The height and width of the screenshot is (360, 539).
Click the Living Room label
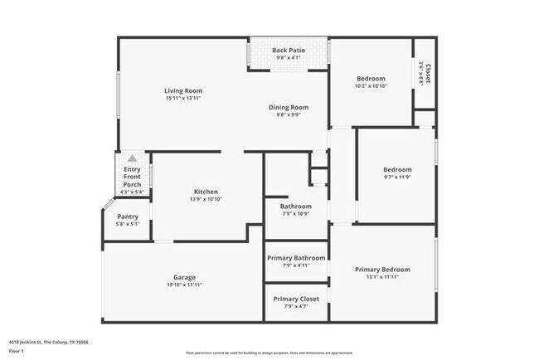[182, 90]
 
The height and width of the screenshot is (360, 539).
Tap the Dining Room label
[288, 107]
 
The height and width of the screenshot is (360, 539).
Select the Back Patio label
[289, 51]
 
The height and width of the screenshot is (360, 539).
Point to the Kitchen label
[206, 192]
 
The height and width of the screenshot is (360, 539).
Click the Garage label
[184, 277]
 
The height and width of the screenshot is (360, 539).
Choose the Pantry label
[128, 216]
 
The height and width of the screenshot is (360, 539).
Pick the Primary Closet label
[296, 299]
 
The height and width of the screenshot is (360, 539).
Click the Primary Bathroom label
[296, 258]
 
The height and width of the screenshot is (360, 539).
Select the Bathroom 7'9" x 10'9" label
[295, 206]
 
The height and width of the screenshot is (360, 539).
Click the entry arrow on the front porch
[131, 158]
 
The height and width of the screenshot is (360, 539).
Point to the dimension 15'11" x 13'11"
[182, 98]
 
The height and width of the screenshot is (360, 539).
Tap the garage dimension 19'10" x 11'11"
[184, 285]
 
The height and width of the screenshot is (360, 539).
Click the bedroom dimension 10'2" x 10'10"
[370, 86]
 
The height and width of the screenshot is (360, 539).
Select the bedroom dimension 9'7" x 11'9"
[397, 176]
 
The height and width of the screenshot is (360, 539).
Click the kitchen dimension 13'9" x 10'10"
[206, 199]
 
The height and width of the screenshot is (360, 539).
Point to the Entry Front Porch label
[132, 177]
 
